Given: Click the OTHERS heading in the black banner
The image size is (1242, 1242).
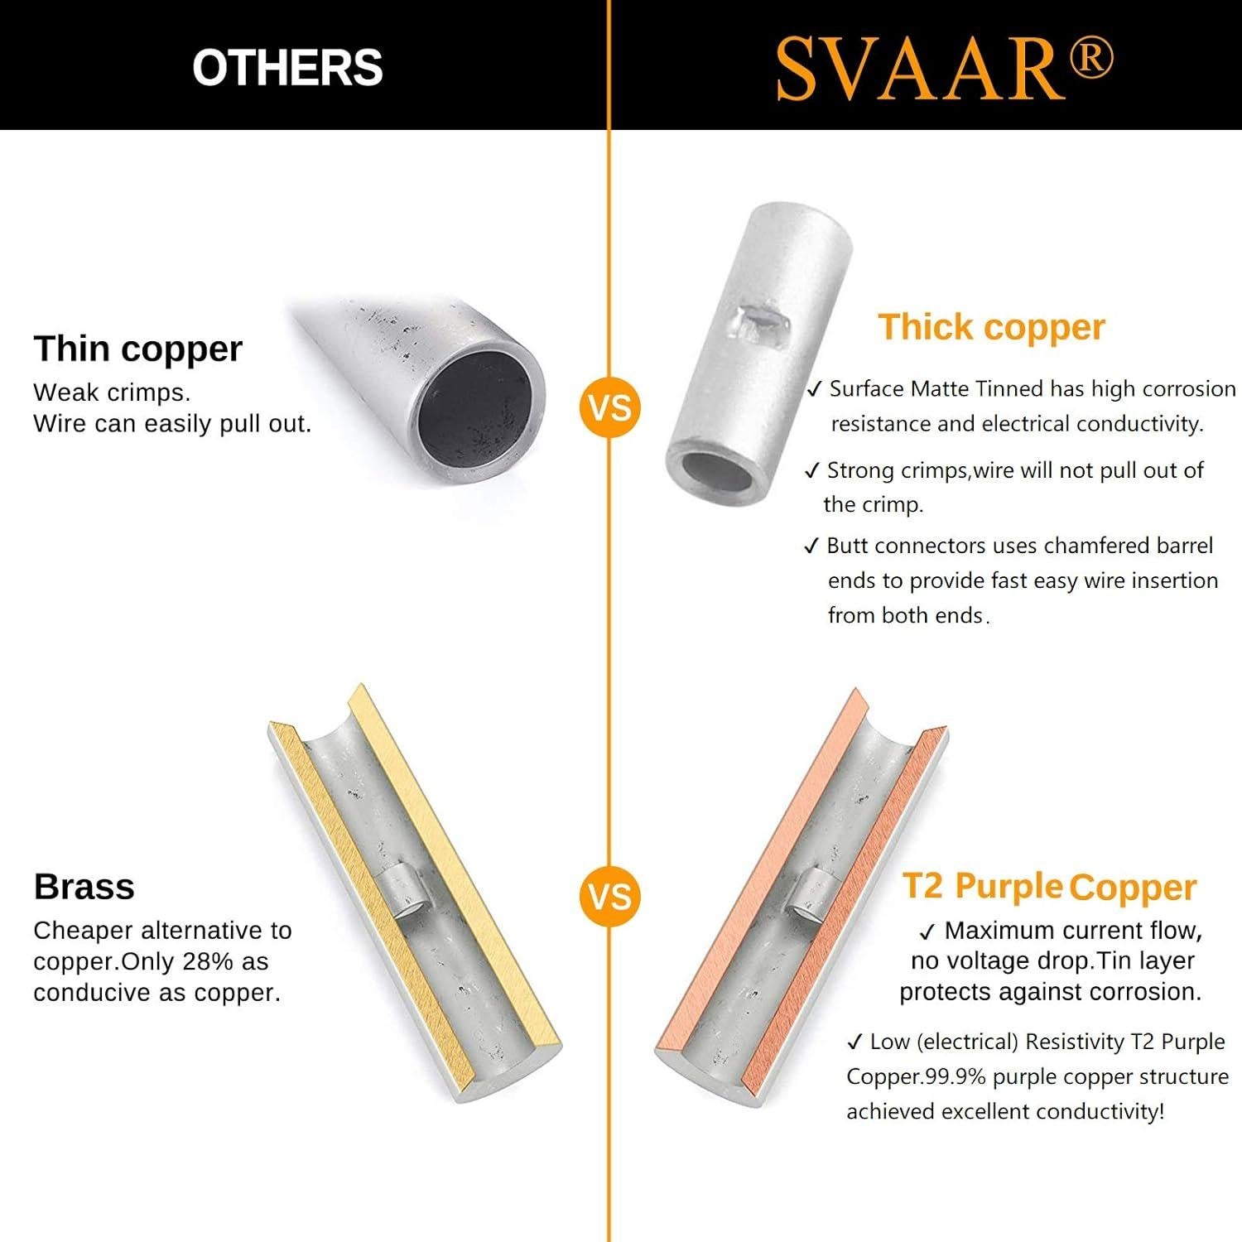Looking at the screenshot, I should pyautogui.click(x=287, y=67).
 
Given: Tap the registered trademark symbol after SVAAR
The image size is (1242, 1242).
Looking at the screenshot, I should pyautogui.click(x=1090, y=60).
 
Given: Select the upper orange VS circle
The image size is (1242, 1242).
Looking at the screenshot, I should pyautogui.click(x=610, y=407).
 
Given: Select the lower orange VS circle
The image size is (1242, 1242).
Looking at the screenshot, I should pyautogui.click(x=610, y=897).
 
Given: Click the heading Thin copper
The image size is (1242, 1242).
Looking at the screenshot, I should pyautogui.click(x=137, y=349).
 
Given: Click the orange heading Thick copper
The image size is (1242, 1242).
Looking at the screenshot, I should pyautogui.click(x=991, y=327).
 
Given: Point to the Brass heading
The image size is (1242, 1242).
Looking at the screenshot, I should pyautogui.click(x=84, y=887).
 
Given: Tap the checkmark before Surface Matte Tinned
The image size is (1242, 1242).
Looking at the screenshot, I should pyautogui.click(x=815, y=388).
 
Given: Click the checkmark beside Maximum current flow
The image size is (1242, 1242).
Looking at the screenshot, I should pyautogui.click(x=927, y=931).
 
